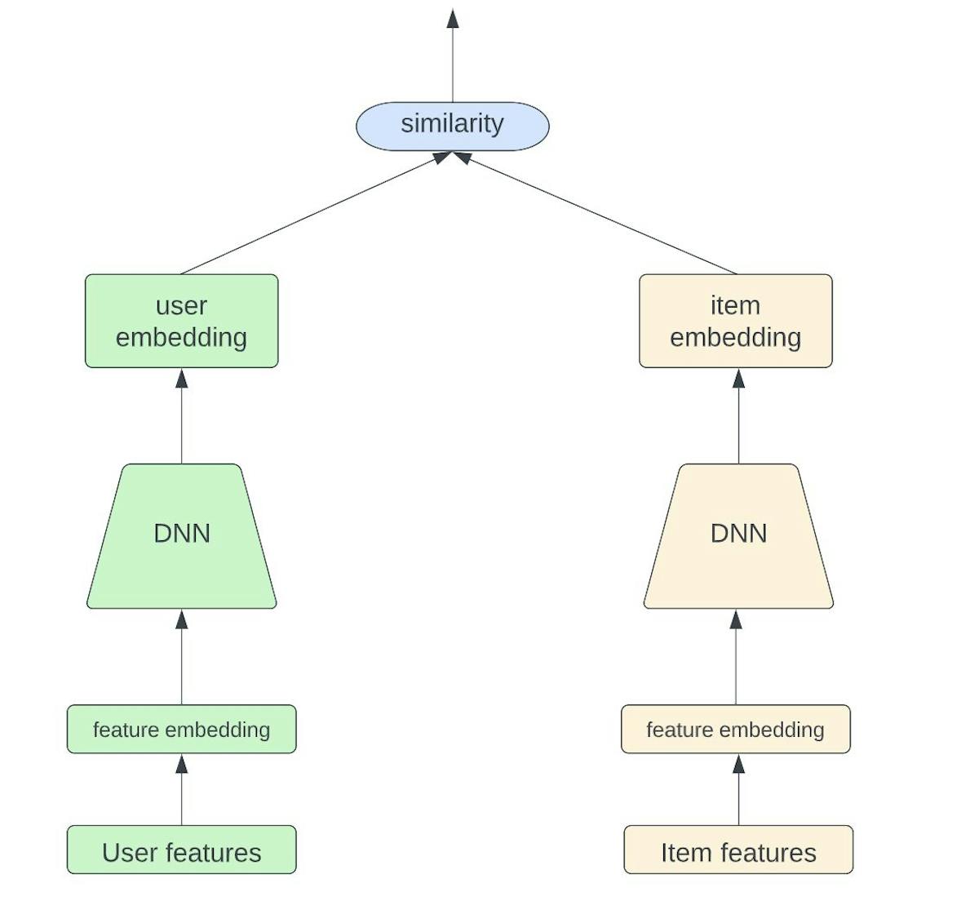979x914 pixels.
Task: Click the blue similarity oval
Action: click(452, 126)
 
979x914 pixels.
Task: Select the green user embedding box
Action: click(181, 321)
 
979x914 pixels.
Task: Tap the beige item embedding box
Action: click(735, 321)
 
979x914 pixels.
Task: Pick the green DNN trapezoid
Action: click(181, 535)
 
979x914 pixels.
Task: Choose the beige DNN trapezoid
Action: click(738, 535)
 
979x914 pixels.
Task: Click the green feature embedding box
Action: click(181, 729)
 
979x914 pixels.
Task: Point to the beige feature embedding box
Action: click(735, 729)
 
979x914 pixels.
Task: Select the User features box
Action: click(181, 850)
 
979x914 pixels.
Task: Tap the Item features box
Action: click(738, 850)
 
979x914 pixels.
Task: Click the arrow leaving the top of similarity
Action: click(453, 57)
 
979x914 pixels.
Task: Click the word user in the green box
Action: click(181, 305)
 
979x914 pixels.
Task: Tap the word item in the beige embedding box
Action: click(735, 305)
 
